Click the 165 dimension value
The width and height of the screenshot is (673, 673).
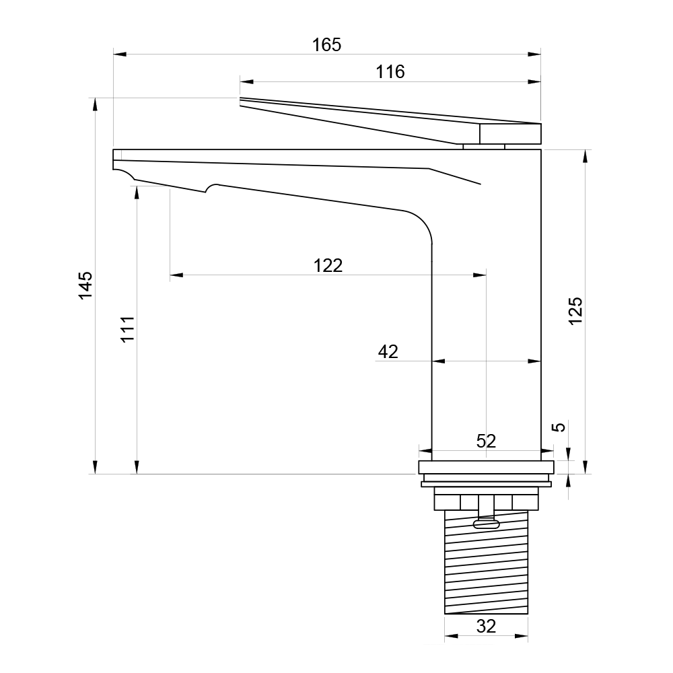tap(326, 44)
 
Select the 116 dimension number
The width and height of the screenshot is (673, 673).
tap(390, 72)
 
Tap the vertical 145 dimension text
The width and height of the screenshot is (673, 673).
tap(85, 285)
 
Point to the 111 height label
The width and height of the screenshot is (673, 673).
tap(127, 329)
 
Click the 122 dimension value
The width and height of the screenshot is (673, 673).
tap(328, 266)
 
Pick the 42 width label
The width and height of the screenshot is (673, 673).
tap(388, 351)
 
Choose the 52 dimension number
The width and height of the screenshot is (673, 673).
tap(486, 441)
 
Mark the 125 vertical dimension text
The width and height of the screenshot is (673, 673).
tap(575, 311)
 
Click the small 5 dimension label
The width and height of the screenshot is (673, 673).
tap(559, 427)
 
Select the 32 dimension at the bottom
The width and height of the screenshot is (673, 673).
tap(486, 626)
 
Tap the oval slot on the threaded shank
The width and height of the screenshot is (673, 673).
tap(486, 524)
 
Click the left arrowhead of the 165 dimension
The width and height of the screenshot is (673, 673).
tap(120, 54)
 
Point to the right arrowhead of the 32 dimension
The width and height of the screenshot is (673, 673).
tap(521, 636)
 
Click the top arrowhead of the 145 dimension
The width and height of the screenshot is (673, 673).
tap(96, 104)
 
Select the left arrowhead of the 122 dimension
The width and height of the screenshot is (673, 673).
tap(176, 275)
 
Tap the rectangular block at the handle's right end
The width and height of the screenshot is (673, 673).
tap(510, 133)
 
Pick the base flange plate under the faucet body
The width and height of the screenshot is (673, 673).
tap(486, 468)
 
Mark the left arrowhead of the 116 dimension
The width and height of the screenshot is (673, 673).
tap(246, 81)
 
